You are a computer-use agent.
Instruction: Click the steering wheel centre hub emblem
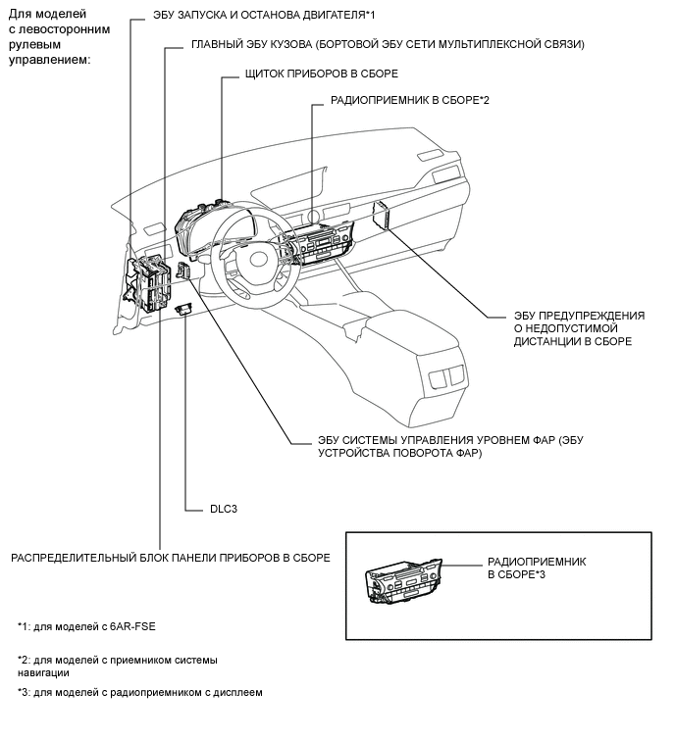pos(259,259)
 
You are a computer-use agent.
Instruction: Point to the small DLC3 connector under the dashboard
pos(183,309)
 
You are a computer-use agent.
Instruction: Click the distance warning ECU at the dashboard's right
pos(385,216)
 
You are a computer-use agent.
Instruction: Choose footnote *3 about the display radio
pos(140,693)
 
